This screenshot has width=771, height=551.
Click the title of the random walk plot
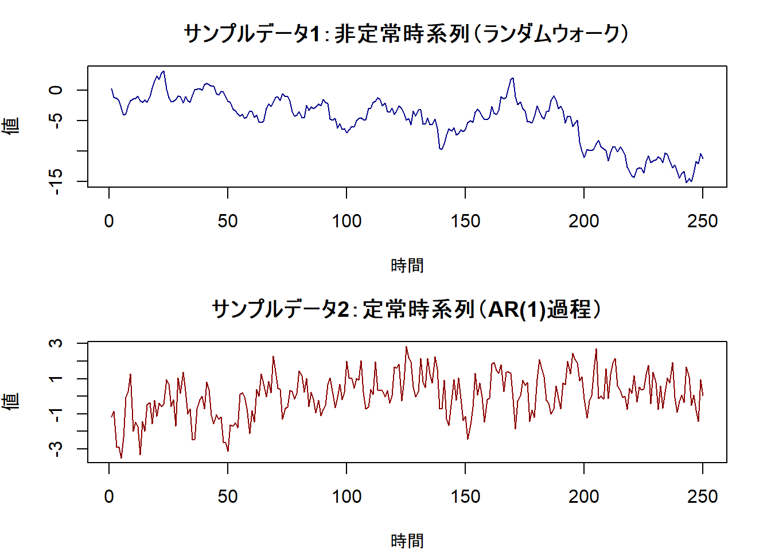coord(406,34)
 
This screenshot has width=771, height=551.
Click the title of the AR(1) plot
coord(406,309)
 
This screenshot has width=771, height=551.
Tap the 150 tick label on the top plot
coord(465,221)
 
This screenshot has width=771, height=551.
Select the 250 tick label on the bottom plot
coord(702,496)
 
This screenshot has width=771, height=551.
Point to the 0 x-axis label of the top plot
coord(109,221)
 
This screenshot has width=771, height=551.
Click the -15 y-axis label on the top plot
coord(56,182)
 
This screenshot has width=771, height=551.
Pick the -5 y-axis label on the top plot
coord(56,121)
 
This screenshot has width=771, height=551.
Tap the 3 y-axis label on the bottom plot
coord(56,343)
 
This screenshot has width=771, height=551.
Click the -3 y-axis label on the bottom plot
coord(56,449)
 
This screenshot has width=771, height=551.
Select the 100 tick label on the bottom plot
coord(346,496)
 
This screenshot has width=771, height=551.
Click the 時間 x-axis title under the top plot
coord(407,266)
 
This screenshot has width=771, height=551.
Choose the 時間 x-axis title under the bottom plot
coord(407,541)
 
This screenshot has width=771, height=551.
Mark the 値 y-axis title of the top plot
coord(11,126)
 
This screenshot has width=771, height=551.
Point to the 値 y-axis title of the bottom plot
coord(11,401)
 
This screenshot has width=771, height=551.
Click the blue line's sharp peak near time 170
coord(512,78)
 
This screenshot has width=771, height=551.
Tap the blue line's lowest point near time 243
coord(687,183)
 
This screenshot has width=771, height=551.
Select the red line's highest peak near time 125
coord(406,347)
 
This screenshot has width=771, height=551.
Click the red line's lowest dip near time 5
coord(121,457)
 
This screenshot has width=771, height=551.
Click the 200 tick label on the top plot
coord(583,221)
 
